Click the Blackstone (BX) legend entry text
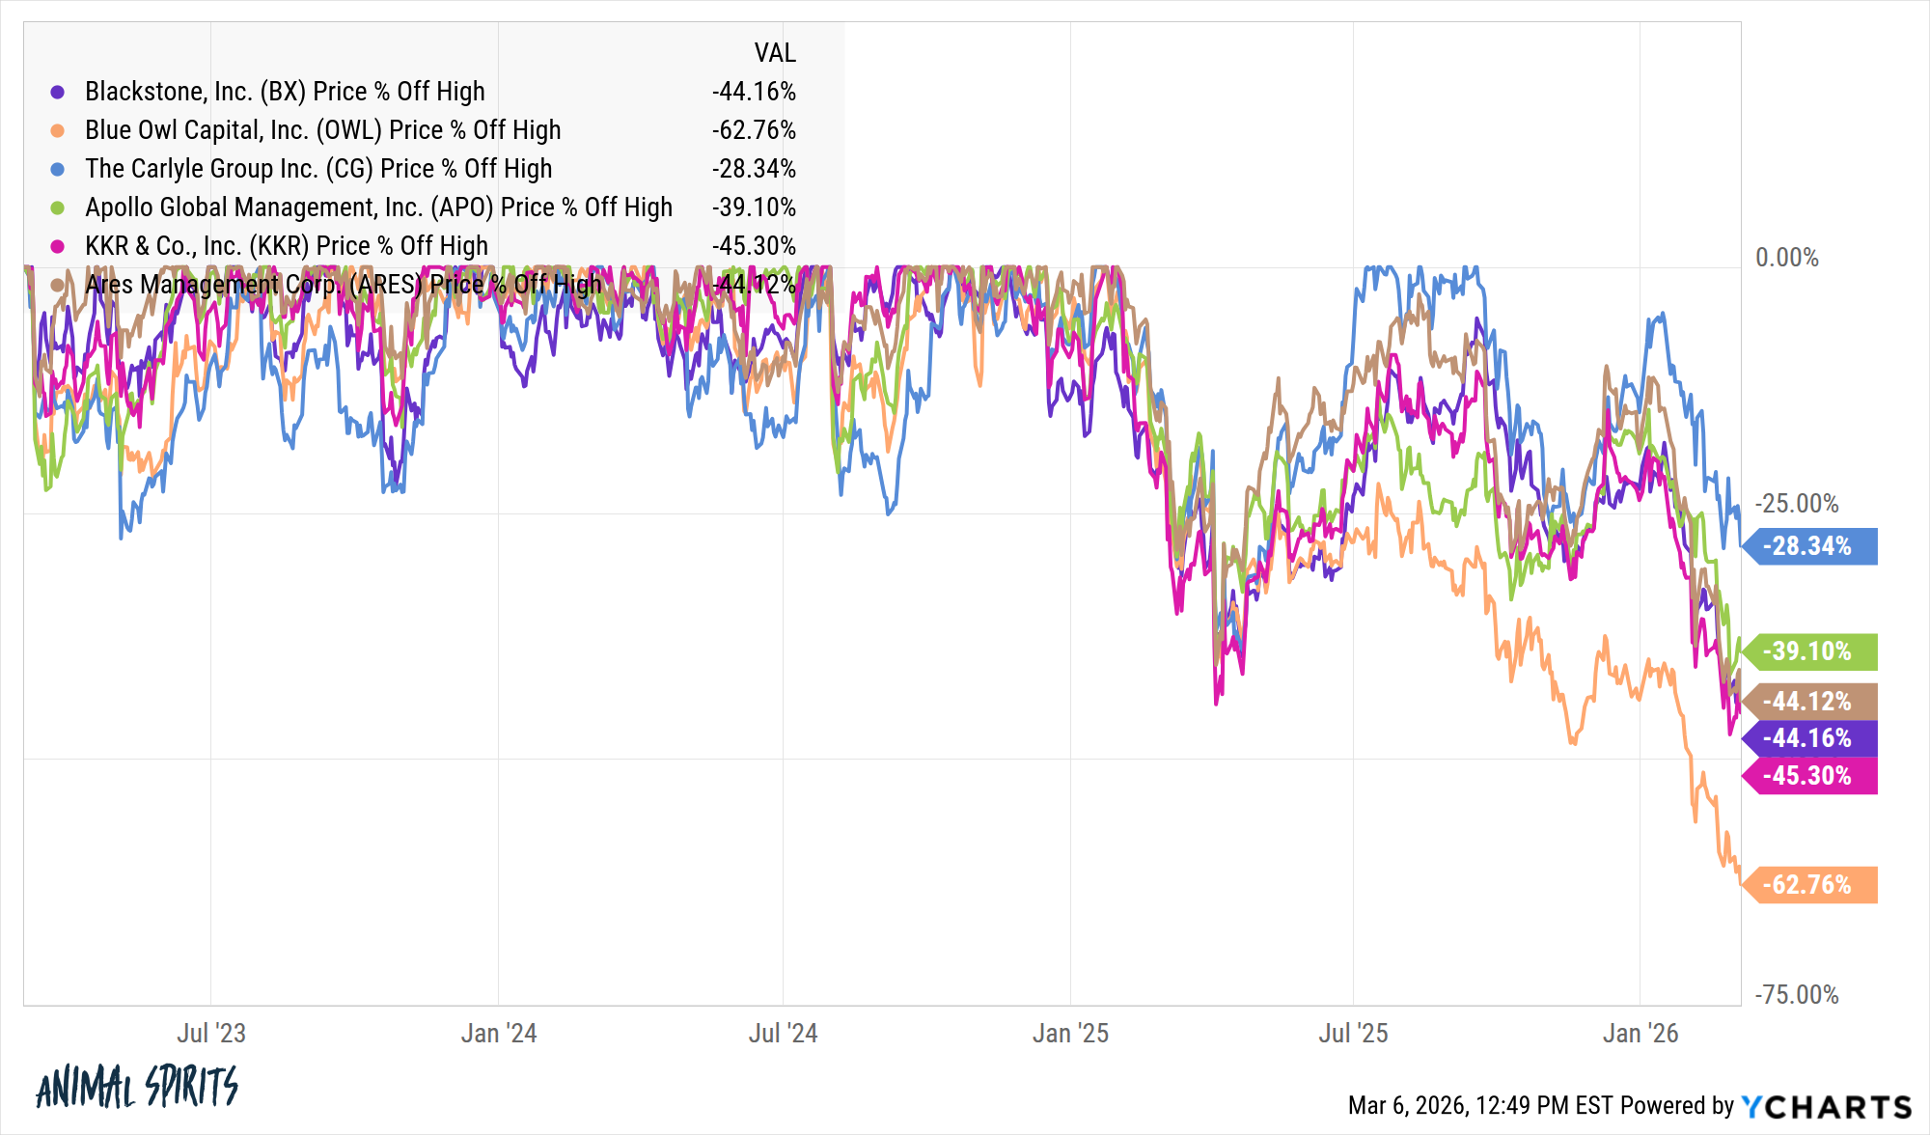pyautogui.click(x=285, y=92)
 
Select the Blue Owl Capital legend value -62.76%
pyautogui.click(x=754, y=130)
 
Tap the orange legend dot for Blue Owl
pyautogui.click(x=58, y=130)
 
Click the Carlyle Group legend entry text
pyautogui.click(x=318, y=169)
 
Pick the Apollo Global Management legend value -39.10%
pyautogui.click(x=754, y=208)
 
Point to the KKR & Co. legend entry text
pyautogui.click(x=287, y=246)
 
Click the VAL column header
pyautogui.click(x=775, y=53)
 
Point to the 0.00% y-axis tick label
pyautogui.click(x=1786, y=258)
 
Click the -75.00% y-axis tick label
pyautogui.click(x=1796, y=995)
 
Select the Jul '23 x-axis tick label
pyautogui.click(x=211, y=1034)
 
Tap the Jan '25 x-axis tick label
pyautogui.click(x=1070, y=1034)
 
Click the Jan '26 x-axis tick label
pyautogui.click(x=1640, y=1034)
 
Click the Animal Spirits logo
pyautogui.click(x=137, y=1088)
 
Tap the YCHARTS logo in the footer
pyautogui.click(x=1826, y=1106)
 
